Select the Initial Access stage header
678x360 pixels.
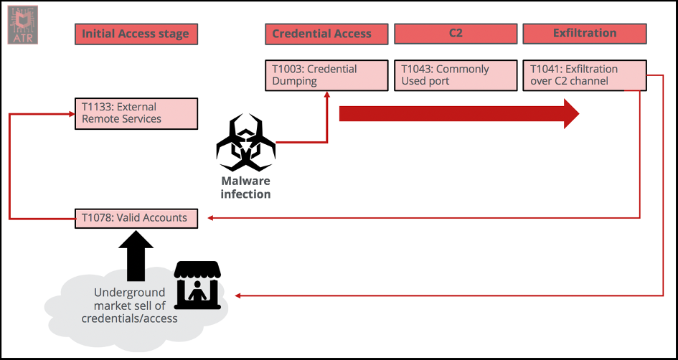click(136, 34)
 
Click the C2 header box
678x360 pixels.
click(455, 34)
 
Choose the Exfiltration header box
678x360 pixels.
click(584, 34)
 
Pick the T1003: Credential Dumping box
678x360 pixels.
click(326, 75)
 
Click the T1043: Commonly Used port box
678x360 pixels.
click(455, 75)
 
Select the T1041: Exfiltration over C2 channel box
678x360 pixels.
click(584, 75)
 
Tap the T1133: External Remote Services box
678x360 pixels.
click(136, 113)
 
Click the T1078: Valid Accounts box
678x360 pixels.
click(136, 218)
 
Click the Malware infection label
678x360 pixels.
click(245, 188)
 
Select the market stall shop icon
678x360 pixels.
click(198, 285)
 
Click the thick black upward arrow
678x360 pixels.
click(136, 255)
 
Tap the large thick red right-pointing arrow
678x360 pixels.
click(459, 113)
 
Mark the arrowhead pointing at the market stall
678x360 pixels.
click(238, 295)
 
